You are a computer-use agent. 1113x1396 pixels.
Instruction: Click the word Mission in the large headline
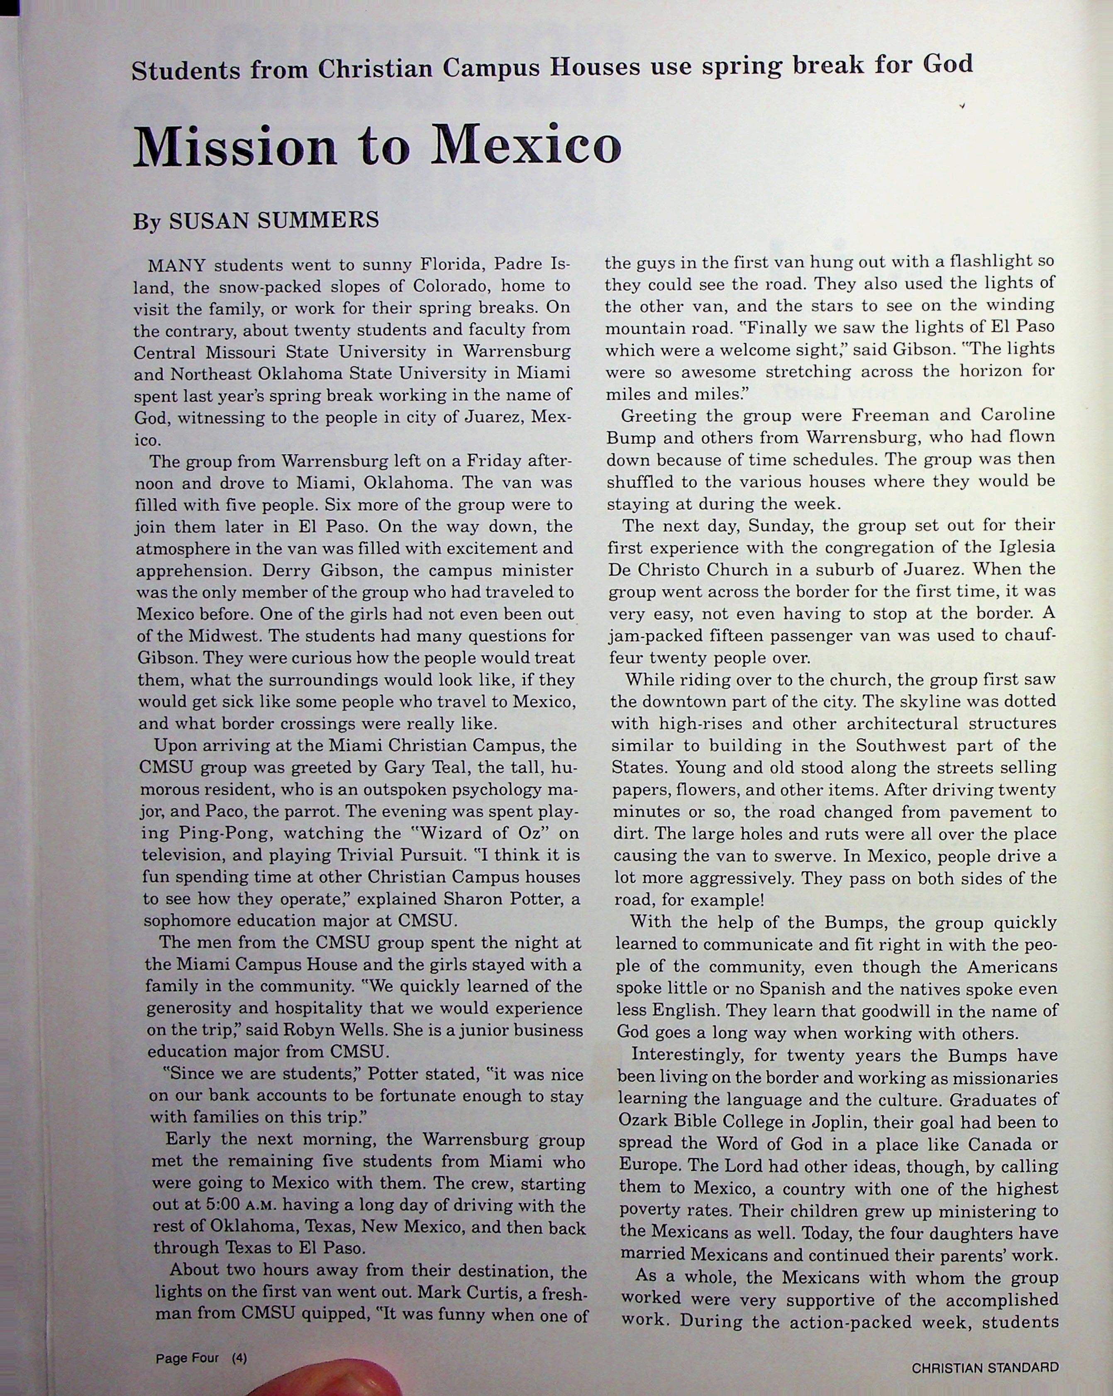(235, 146)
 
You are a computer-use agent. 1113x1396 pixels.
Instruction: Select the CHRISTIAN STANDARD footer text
(985, 1367)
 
